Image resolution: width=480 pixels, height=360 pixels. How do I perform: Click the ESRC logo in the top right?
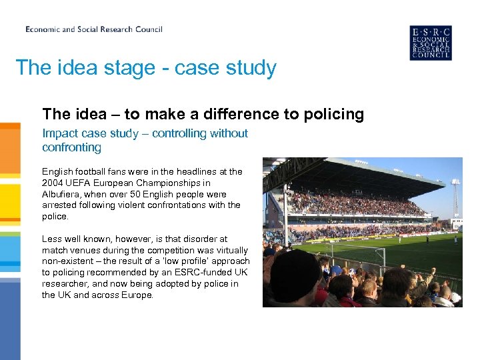click(x=430, y=43)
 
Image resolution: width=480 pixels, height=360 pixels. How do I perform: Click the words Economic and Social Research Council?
click(x=94, y=29)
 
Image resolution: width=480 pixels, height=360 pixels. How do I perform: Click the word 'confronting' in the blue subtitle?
click(x=71, y=147)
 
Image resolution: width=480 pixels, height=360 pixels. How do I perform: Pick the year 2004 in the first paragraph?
click(x=53, y=183)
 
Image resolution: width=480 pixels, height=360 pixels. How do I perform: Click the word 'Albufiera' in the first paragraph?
click(x=64, y=194)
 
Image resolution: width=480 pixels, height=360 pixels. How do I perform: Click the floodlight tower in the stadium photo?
click(x=455, y=193)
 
